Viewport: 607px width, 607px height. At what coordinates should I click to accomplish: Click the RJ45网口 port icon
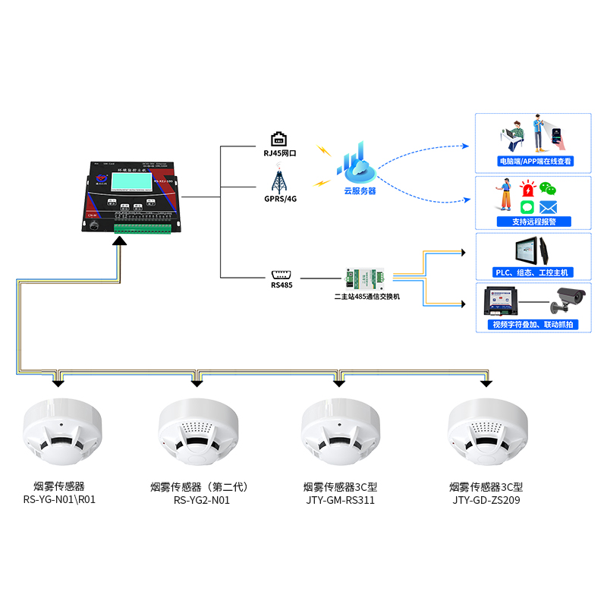280,138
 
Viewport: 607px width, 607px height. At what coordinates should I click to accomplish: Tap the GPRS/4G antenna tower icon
280,181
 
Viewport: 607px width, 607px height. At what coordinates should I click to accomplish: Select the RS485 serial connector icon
280,274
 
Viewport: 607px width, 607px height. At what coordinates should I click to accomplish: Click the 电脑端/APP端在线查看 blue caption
534,161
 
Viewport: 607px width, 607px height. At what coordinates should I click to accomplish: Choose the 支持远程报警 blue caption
534,222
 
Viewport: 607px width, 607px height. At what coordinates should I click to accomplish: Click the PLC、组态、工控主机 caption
534,272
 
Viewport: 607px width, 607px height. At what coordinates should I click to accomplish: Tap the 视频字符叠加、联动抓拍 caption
534,324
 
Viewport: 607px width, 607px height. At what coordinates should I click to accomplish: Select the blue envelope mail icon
549,206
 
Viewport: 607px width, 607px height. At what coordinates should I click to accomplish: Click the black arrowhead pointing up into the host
118,241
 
